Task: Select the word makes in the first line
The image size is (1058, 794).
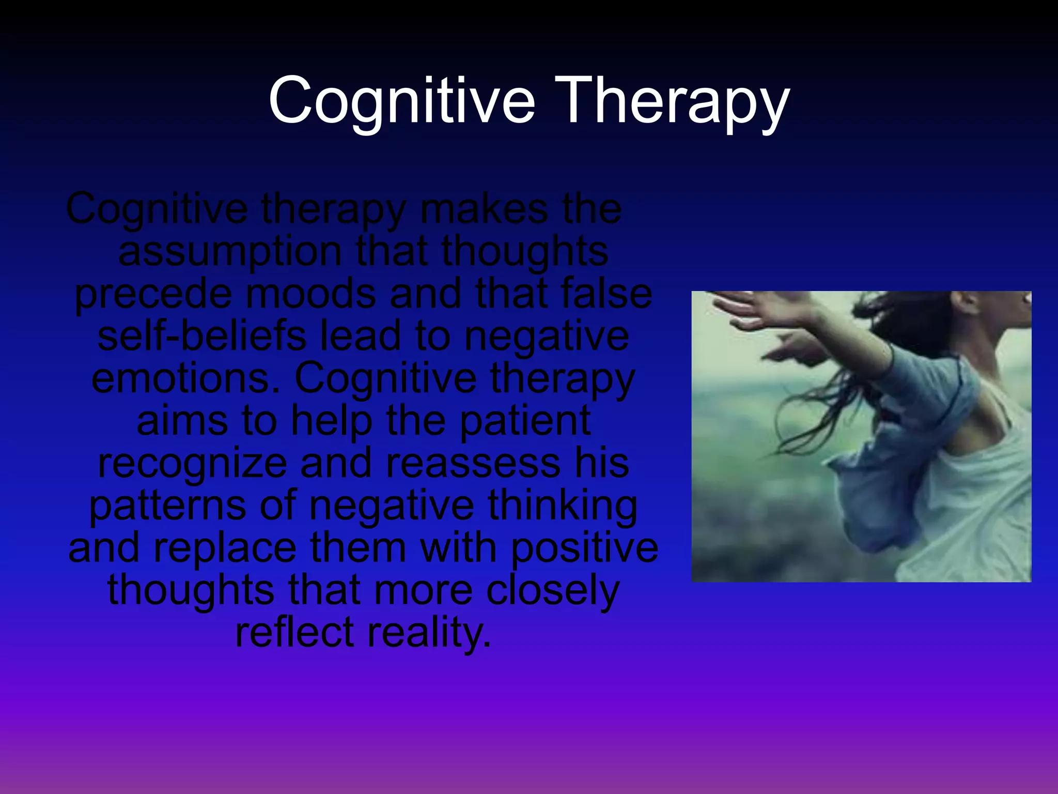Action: [484, 209]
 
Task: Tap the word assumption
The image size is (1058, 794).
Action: [230, 252]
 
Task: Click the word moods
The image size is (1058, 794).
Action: [310, 294]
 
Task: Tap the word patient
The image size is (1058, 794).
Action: [525, 421]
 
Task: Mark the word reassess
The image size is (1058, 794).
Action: [473, 463]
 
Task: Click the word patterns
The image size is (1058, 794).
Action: [167, 506]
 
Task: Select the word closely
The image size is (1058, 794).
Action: [553, 590]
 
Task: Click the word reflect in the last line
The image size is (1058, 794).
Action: [294, 632]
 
